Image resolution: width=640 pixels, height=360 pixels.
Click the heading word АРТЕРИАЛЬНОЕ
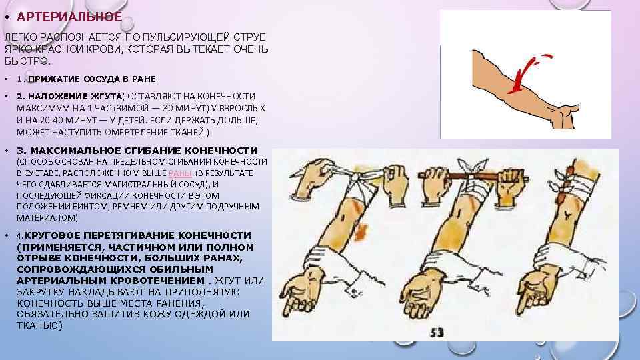click(69, 17)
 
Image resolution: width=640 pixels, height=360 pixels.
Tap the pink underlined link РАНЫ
click(180, 173)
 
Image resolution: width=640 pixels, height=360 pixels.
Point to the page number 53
click(437, 333)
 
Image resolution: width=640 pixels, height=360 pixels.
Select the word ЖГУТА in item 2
click(104, 96)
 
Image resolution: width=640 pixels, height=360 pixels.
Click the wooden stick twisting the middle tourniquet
click(473, 177)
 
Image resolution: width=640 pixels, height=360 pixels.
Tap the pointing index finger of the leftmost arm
click(289, 305)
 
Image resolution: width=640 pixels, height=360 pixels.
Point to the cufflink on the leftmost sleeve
click(353, 291)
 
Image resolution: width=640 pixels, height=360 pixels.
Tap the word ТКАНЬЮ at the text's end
click(39, 326)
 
